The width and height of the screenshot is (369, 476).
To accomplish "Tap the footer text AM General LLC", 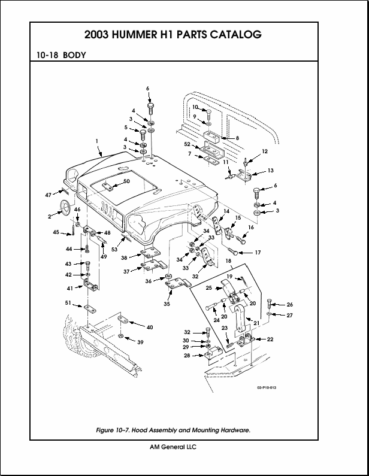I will pos(173,447).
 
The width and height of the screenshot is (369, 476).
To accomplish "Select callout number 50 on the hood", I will pos(126,181).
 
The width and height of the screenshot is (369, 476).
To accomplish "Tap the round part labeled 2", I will pos(63,210).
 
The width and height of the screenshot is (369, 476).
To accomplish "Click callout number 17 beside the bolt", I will pos(258,253).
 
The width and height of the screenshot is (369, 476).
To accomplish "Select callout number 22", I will pos(270,339).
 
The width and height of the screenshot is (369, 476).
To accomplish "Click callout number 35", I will pos(166,304).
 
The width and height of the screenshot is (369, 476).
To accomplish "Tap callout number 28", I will pos(186,356).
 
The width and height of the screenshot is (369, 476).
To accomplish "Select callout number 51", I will pos(68,304).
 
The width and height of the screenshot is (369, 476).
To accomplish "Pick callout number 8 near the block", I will pos(237,138).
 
